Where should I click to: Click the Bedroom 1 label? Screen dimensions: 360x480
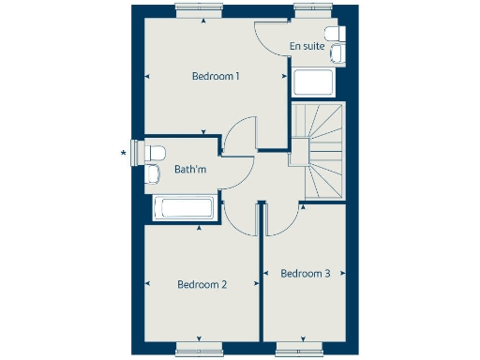point(217,76)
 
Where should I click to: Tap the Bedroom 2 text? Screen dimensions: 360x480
point(203,284)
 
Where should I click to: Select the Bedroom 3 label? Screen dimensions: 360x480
point(306,274)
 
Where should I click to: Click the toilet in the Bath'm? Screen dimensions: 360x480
point(157,152)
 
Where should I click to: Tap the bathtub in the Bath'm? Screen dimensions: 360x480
point(185,208)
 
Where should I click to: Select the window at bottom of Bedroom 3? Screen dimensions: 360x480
point(297,348)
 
